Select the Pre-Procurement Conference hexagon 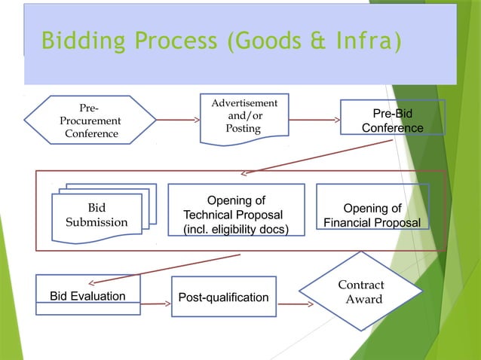[90, 120]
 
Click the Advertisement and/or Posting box [244, 118]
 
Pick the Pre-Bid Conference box [392, 121]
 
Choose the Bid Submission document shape [97, 215]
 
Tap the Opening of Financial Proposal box [372, 215]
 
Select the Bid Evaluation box [87, 296]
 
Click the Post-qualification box [223, 297]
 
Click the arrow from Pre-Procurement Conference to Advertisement [178, 120]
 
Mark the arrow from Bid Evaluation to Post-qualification [155, 304]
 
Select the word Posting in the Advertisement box [244, 129]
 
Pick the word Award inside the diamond [364, 300]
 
